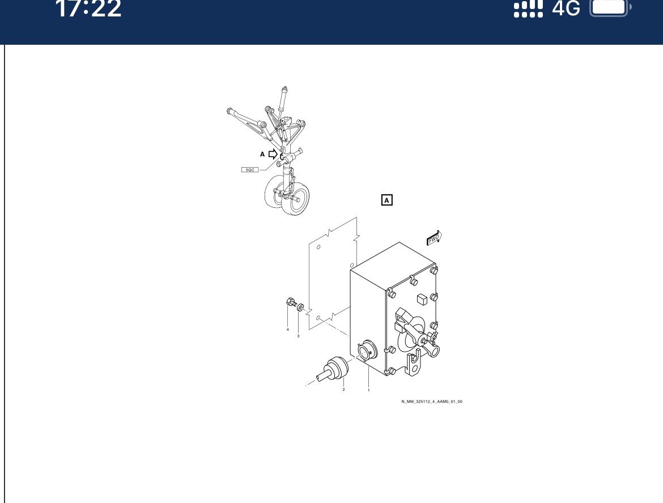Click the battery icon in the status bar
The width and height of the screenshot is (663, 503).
tap(610, 7)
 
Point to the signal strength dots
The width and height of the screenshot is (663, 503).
tap(528, 8)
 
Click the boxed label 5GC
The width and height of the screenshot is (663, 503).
tap(250, 170)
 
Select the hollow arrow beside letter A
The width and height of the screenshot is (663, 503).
tap(273, 154)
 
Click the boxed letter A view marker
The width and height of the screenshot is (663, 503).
tap(387, 200)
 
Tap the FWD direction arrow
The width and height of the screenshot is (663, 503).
tap(434, 238)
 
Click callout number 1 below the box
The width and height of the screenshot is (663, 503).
tap(369, 390)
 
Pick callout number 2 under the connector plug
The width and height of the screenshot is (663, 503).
tap(344, 389)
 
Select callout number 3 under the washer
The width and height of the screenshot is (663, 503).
tap(298, 336)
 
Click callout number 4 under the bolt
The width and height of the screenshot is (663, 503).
tap(288, 329)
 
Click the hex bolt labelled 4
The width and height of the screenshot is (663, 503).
tap(291, 302)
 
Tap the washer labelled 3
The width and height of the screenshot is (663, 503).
tap(301, 307)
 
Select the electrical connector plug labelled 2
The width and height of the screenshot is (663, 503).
tap(333, 370)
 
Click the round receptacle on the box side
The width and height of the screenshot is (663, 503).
tap(366, 351)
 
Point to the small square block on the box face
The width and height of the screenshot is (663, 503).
tap(422, 299)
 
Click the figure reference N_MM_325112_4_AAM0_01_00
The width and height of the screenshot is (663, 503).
tap(432, 402)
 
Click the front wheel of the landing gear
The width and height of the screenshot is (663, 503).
tap(296, 199)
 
